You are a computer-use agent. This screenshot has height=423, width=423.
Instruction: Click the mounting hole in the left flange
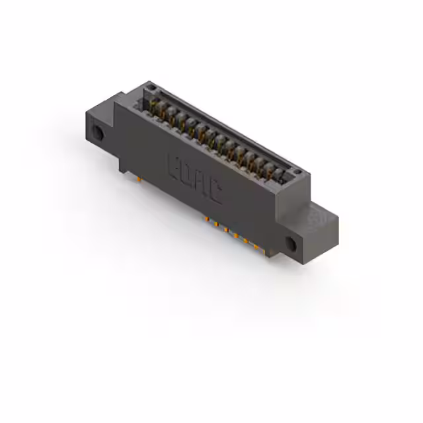coord(98,132)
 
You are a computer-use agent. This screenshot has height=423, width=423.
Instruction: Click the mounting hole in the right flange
coord(291,243)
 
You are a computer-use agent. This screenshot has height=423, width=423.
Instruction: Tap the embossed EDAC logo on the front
coord(195,176)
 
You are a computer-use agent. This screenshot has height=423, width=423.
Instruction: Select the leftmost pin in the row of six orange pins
coord(207,217)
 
